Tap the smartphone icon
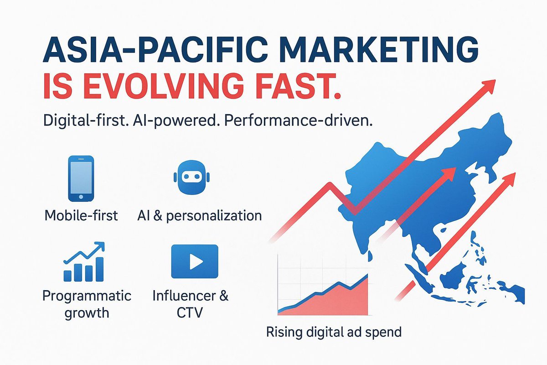point(81,178)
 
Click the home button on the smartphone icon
point(81,197)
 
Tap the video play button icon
point(195,261)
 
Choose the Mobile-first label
point(82,215)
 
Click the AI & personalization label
point(199,215)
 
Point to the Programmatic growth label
point(87,304)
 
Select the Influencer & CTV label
point(190,304)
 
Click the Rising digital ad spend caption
point(334,332)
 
